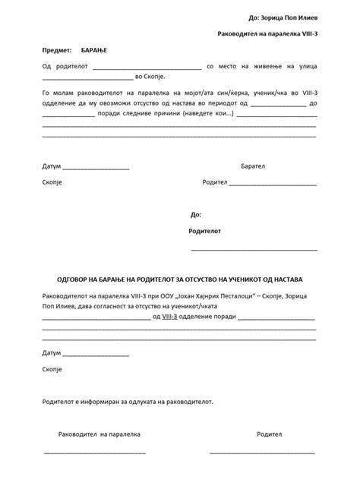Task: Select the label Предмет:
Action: click(57, 49)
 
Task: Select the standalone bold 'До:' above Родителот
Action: click(196, 215)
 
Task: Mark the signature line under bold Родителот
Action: click(254, 249)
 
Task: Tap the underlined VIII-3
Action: click(175, 317)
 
